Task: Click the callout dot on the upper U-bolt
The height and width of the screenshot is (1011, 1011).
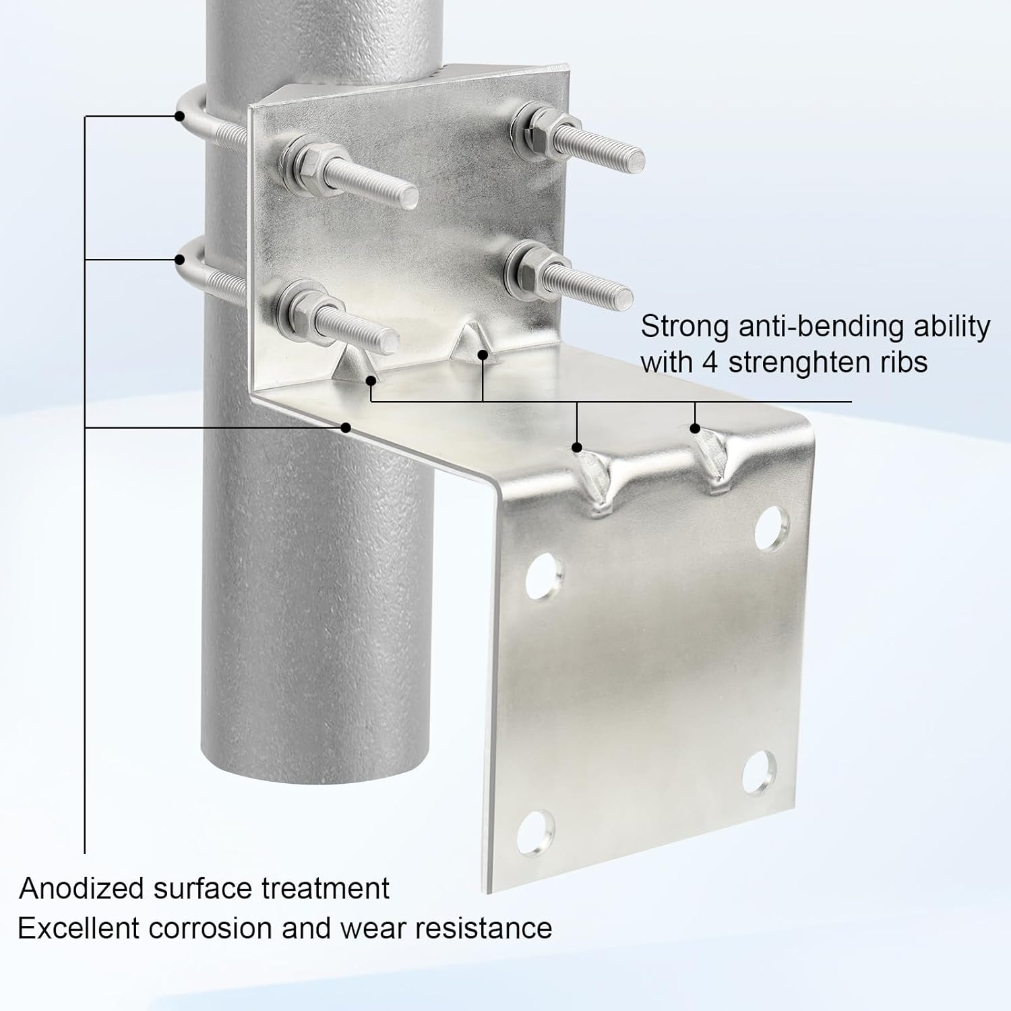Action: (x=179, y=116)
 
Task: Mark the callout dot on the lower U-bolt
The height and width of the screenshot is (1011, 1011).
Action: (x=180, y=259)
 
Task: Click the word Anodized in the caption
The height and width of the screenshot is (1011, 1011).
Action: (x=81, y=888)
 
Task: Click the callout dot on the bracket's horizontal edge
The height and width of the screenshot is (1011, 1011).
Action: (x=346, y=427)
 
